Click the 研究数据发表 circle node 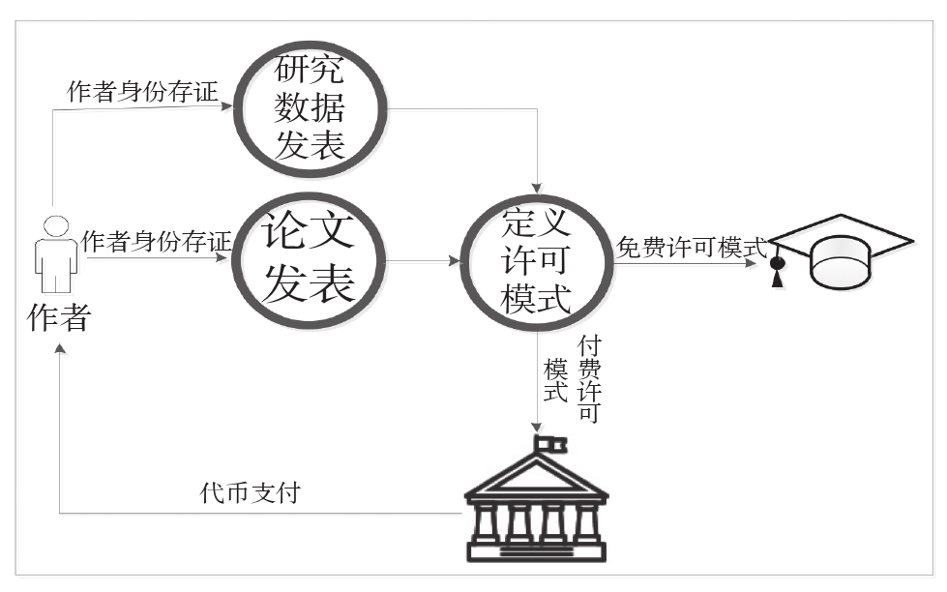pos(311,106)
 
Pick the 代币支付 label pos(250,493)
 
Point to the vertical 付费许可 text pos(587,379)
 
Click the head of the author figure pos(56,226)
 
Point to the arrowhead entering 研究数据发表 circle pos(231,106)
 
